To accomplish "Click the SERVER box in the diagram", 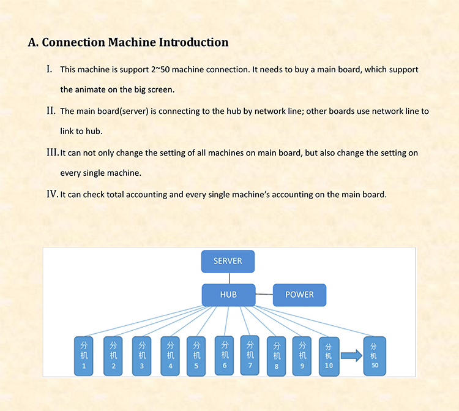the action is pos(228,262).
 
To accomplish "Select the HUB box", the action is pos(229,295).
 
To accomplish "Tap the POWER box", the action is pos(299,295).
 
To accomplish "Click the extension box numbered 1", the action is pos(84,356).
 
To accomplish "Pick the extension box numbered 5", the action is pos(196,356).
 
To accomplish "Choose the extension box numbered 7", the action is pos(250,355).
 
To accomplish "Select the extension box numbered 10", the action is pos(329,356).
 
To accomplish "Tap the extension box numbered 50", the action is pos(375,356).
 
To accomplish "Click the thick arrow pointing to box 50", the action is pos(351,356).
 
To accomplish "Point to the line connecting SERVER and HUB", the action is pos(229,278).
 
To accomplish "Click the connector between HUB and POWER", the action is pos(264,294).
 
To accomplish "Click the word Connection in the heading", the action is pos(73,42).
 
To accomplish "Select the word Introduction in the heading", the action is pos(193,42).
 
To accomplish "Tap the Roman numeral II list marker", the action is pos(51,111).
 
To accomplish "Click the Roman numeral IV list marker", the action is pos(53,194).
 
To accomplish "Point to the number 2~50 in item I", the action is pos(161,70).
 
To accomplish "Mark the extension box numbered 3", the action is pos(142,356).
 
